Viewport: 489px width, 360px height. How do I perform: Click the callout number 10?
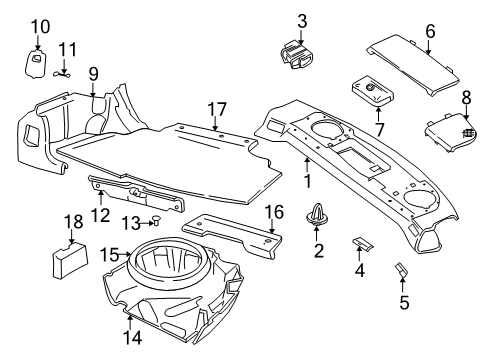39,27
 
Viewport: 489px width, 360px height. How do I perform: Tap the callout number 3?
302,20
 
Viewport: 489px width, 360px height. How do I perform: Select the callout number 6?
429,31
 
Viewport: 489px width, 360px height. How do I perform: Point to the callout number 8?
466,96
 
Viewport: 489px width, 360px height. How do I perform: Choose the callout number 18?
73,221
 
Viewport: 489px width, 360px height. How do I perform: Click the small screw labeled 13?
157,221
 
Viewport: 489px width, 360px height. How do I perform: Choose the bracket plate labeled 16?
240,233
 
